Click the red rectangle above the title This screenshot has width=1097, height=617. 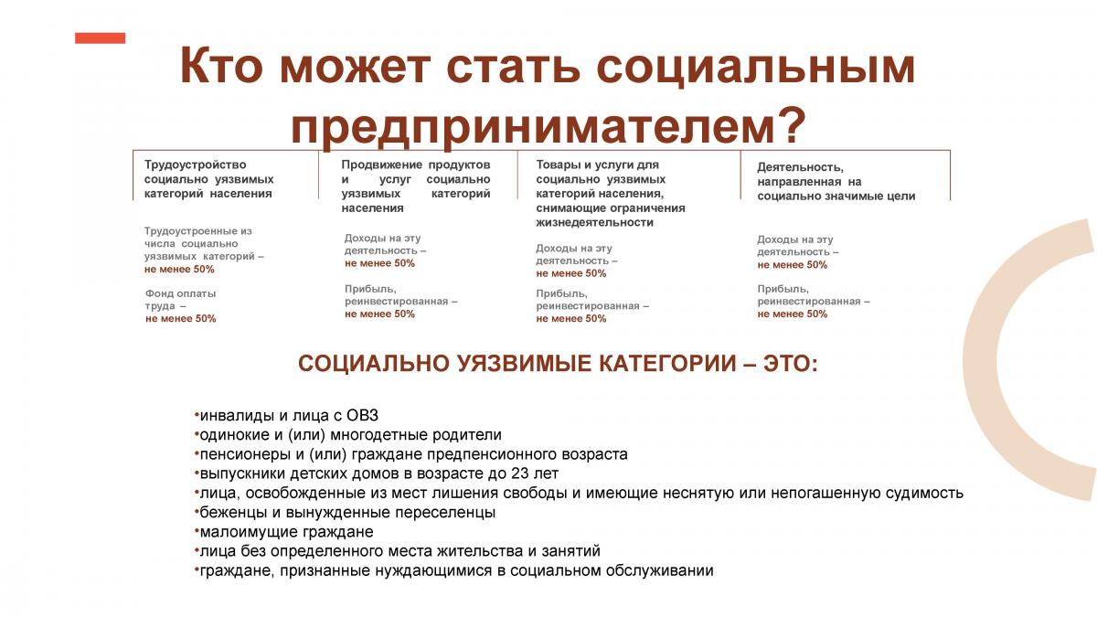coord(100,37)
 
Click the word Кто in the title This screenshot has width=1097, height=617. coord(220,67)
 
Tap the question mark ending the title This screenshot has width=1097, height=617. coord(790,124)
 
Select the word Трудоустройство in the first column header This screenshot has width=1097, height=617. coord(195,165)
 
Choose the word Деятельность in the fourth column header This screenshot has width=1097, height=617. coord(800,167)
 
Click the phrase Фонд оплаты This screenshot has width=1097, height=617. coord(180,293)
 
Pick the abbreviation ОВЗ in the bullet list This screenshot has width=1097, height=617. coord(362,415)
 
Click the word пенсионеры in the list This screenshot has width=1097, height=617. coord(245,454)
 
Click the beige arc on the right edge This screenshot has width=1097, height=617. coord(985,360)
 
